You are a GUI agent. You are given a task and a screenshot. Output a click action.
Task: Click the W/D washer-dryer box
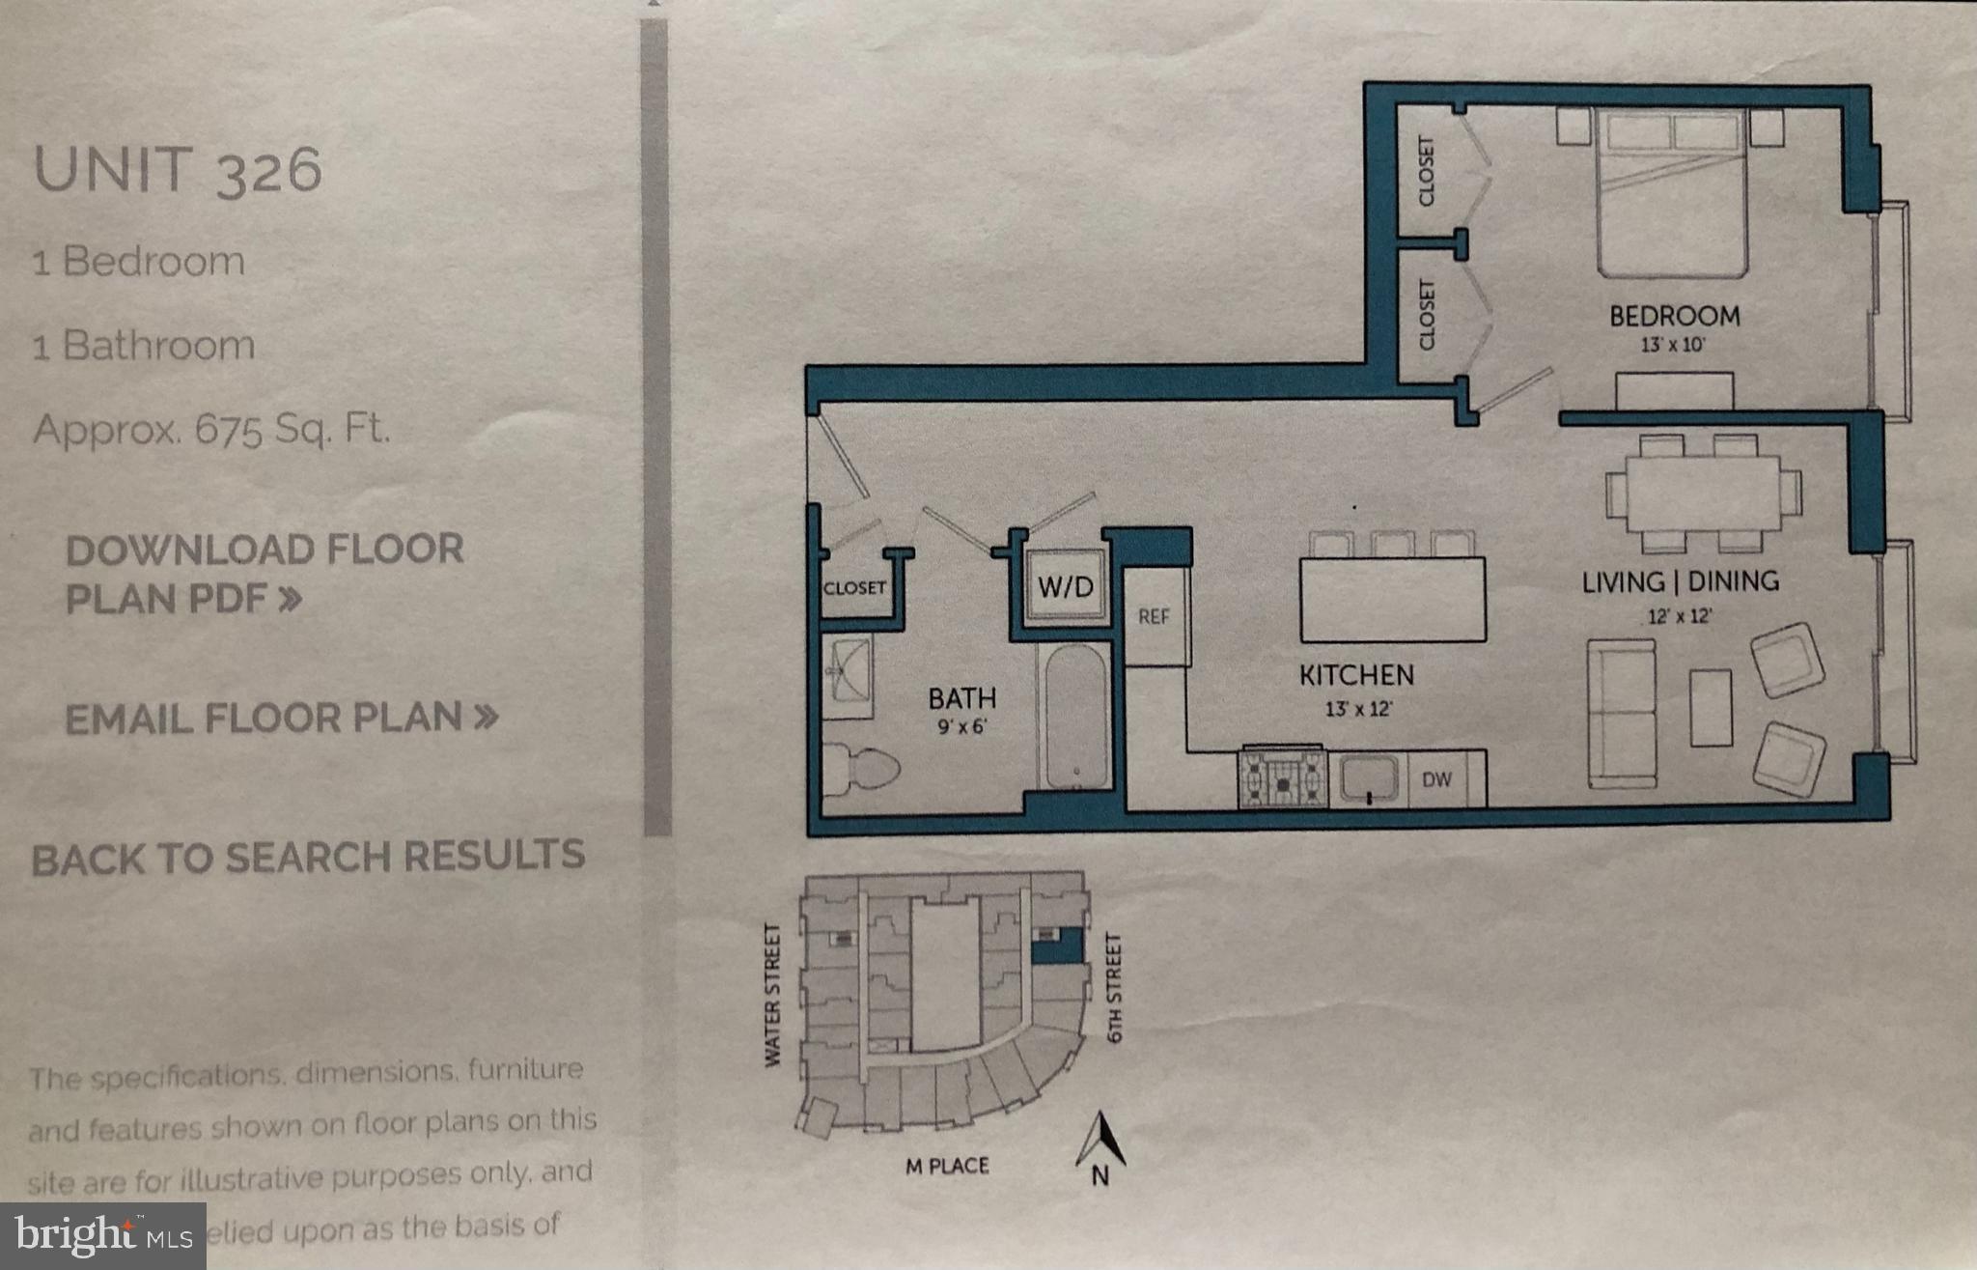[1066, 585]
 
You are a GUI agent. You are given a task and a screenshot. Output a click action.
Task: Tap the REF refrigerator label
[1154, 616]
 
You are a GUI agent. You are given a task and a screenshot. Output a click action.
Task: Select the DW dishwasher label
[1436, 779]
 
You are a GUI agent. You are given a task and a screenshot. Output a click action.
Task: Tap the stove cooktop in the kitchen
[1283, 778]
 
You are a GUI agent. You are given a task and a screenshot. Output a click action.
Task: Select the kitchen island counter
[1392, 599]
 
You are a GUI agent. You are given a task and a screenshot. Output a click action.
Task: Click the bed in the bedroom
[1673, 192]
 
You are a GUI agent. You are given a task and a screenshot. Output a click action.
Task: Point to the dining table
[1704, 494]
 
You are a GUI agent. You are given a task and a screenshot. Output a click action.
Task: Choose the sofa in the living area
[1623, 715]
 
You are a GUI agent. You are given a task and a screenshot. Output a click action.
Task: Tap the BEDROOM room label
[1675, 316]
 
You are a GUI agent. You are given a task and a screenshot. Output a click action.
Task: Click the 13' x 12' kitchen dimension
[1358, 710]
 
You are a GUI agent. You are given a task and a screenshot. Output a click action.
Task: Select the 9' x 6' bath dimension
[961, 725]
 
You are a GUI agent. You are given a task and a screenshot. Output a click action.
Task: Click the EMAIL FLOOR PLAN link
[281, 719]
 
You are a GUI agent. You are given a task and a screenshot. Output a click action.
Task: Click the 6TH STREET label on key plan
[1114, 987]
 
